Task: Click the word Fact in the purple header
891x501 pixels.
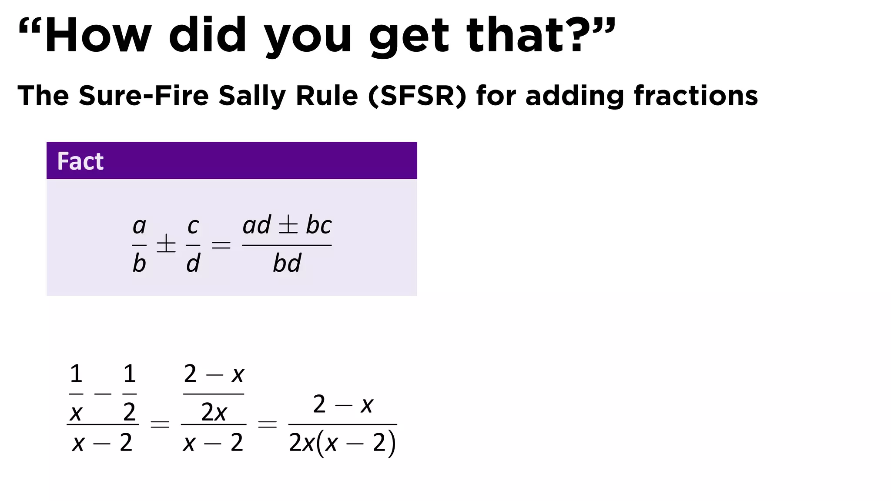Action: [80, 161]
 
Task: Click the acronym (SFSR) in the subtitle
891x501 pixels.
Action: [417, 96]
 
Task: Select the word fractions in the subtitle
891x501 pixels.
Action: [696, 96]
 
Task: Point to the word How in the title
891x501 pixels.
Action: [98, 36]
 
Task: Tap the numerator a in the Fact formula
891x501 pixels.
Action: [139, 226]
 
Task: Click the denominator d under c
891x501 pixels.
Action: [193, 264]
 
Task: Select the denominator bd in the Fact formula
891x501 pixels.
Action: [287, 264]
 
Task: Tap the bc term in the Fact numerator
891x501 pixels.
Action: [318, 225]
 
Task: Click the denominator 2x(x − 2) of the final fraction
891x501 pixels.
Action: [342, 443]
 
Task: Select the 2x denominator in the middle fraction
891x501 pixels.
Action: [214, 412]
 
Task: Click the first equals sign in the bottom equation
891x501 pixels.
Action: [160, 424]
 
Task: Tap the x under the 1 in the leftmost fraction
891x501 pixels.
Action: [76, 413]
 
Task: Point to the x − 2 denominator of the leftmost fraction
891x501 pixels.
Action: [102, 443]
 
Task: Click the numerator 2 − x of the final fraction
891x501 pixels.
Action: [343, 405]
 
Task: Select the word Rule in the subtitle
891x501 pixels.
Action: [326, 96]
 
